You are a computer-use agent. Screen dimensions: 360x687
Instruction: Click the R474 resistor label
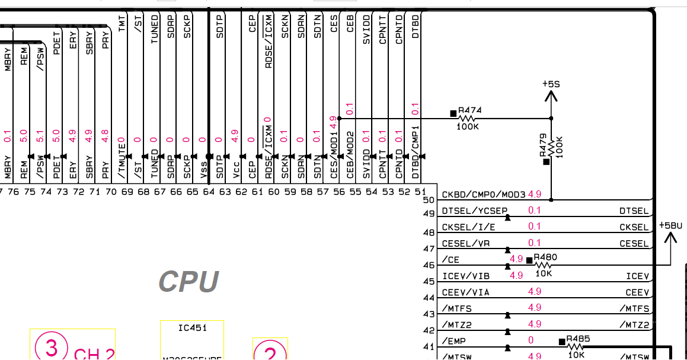470,110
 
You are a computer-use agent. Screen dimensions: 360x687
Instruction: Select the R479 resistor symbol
551,146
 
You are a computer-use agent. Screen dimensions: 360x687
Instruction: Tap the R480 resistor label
545,257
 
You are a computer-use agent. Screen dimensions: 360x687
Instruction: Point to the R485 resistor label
578,339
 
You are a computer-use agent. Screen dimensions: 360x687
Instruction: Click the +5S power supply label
551,84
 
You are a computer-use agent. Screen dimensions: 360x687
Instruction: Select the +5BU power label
670,226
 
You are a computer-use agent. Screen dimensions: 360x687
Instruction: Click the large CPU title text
189,282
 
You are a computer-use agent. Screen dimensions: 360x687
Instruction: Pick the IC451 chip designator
192,328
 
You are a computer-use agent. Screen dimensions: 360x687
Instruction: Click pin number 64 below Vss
208,191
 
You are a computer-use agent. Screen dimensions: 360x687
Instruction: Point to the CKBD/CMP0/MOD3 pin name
484,195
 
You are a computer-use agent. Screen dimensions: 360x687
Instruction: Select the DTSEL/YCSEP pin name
474,211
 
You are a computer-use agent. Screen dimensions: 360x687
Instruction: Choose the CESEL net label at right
634,244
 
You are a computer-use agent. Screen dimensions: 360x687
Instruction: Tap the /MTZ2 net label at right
634,325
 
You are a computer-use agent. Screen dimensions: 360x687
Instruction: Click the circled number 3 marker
51,347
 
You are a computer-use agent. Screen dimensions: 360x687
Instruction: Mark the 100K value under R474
468,126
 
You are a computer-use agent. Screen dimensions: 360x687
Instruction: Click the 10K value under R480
544,273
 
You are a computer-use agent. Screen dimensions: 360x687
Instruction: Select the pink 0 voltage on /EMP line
531,340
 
